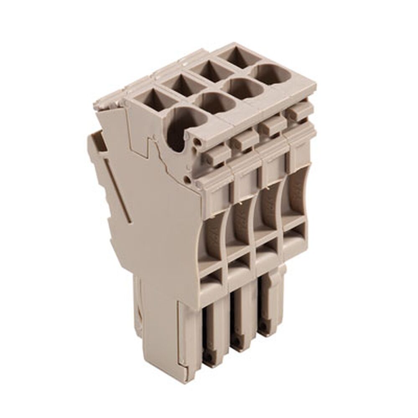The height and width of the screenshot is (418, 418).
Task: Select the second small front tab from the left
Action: [x=242, y=141]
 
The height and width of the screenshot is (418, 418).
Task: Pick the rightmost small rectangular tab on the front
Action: [x=299, y=112]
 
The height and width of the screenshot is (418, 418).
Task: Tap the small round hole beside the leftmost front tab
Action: [x=196, y=146]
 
